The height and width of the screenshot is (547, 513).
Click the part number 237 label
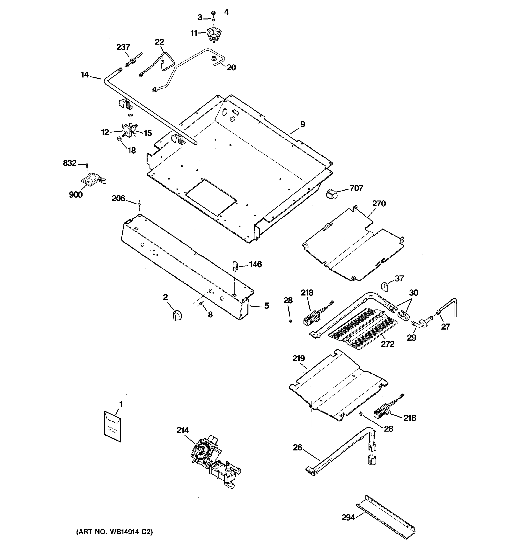(123, 47)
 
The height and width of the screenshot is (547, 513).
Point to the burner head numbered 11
(214, 35)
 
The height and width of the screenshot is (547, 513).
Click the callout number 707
(356, 188)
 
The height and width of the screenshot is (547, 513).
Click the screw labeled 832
(87, 165)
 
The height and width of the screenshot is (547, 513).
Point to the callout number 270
(379, 204)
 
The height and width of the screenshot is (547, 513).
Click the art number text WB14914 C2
(114, 532)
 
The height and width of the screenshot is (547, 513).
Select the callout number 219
(299, 359)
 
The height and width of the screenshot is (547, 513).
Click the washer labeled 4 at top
(213, 13)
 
